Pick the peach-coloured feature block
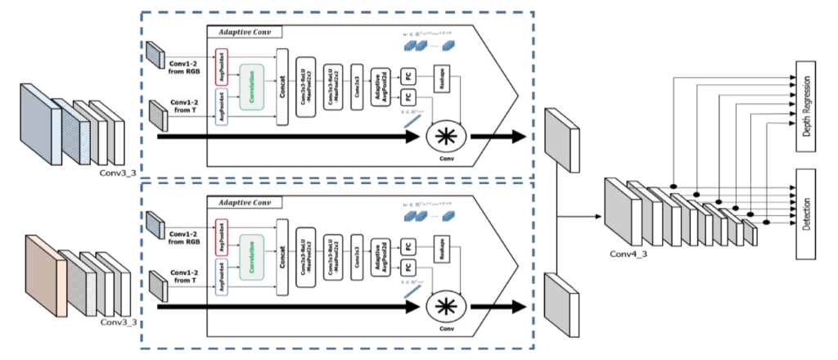(44, 275)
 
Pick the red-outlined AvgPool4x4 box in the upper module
(220, 63)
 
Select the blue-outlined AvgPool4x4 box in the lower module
(220, 277)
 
